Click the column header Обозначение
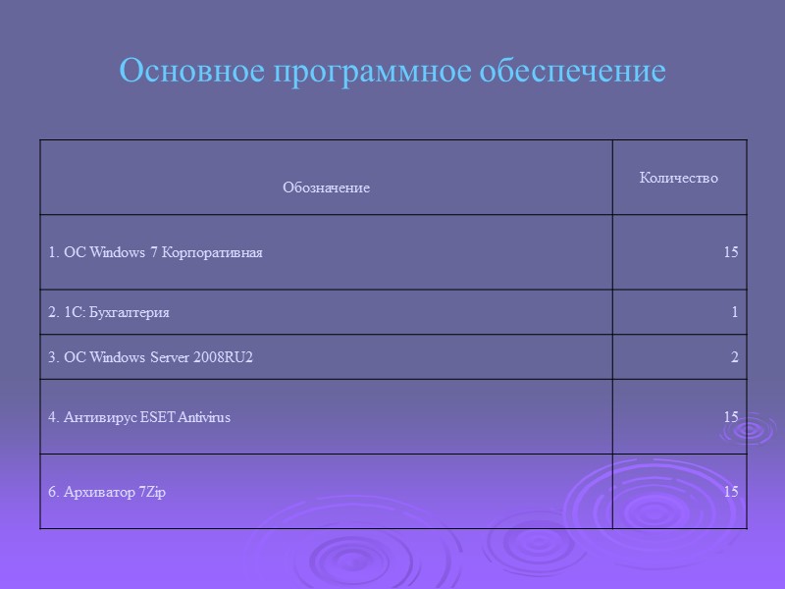326,187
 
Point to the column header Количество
678,178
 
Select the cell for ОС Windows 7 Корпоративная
155,252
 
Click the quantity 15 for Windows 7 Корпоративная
730,252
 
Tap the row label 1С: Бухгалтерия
109,312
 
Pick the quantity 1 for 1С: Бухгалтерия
734,312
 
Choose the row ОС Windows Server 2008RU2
150,357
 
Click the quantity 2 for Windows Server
734,357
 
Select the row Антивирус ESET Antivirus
139,417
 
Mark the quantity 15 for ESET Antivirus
730,417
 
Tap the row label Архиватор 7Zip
107,492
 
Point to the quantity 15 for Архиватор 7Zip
730,492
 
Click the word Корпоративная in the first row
221,252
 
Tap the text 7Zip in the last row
151,492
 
